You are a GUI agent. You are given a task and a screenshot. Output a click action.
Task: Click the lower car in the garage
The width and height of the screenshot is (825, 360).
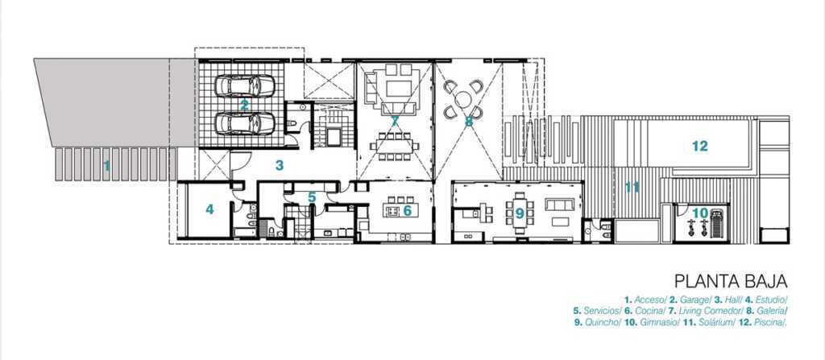[245, 122]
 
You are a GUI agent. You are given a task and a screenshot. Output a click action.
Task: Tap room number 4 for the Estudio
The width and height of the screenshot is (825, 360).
[210, 209]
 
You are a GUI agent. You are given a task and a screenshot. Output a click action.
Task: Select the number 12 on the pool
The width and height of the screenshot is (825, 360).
[700, 146]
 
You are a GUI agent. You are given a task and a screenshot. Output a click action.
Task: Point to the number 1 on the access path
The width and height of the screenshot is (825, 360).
[107, 167]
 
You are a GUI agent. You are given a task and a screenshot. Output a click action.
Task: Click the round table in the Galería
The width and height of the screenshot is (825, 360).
[463, 99]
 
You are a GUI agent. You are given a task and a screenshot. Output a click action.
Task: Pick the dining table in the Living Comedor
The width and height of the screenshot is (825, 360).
[394, 146]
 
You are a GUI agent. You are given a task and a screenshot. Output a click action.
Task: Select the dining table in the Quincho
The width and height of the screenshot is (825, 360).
[520, 213]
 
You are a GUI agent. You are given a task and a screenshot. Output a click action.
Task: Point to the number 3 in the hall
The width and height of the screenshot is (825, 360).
[280, 165]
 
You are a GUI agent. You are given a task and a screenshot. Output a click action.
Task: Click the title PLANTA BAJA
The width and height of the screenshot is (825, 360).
[731, 281]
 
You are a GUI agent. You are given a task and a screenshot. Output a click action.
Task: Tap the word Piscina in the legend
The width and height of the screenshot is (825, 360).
[769, 323]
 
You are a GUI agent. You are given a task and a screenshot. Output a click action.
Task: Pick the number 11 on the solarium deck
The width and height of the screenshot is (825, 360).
[632, 187]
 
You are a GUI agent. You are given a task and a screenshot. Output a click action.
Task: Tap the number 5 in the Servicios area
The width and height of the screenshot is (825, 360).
[312, 197]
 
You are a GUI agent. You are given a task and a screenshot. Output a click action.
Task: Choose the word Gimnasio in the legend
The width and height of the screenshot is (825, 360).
[660, 323]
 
